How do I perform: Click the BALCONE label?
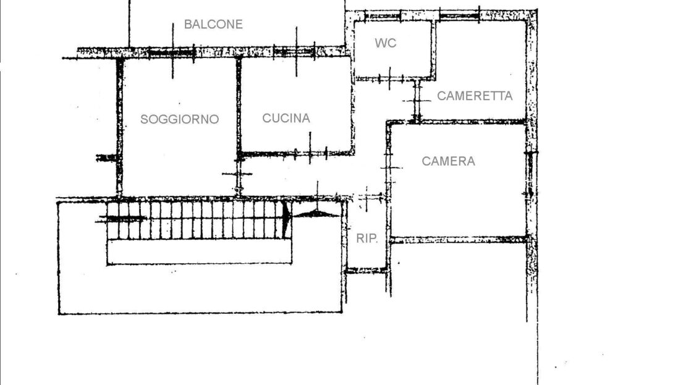[x=213, y=24]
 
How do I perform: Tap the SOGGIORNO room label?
[x=179, y=119]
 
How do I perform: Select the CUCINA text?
[x=286, y=118]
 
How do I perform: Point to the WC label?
[x=386, y=43]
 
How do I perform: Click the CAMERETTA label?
[x=475, y=96]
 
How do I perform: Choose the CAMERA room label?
[x=449, y=161]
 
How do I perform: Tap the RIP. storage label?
[x=366, y=239]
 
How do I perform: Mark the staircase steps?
[x=195, y=220]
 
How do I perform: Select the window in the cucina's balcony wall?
[x=294, y=53]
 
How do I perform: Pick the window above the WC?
[x=383, y=17]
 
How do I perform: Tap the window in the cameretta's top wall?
[x=459, y=16]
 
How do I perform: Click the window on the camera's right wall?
[x=530, y=173]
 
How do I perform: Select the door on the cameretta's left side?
[x=417, y=101]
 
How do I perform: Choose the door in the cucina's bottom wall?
[x=310, y=153]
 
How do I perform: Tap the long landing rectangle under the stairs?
[x=199, y=252]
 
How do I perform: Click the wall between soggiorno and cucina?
[x=239, y=105]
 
